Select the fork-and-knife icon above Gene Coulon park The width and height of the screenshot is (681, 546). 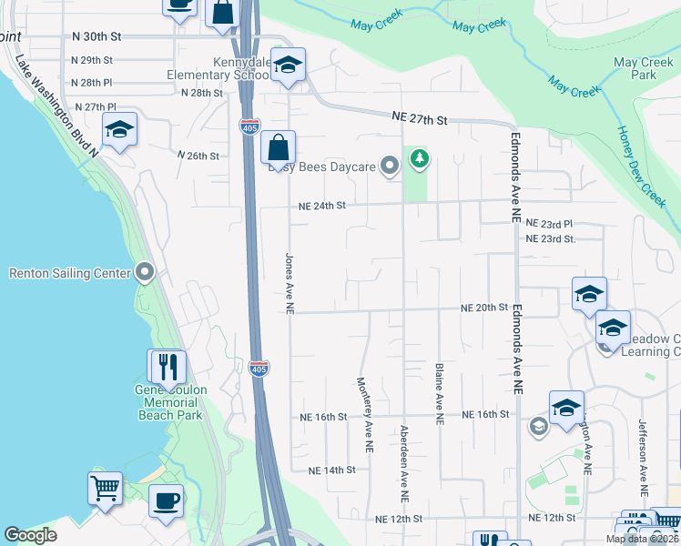168,366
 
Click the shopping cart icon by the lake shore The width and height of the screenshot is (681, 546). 105,488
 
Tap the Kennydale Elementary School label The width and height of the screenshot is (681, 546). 218,67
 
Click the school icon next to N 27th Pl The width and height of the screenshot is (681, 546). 119,129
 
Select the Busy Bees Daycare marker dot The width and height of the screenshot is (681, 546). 390,166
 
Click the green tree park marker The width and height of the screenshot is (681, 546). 419,160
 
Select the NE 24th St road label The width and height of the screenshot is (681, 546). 322,206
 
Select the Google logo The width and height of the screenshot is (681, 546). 31,535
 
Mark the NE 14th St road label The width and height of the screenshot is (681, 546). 330,470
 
